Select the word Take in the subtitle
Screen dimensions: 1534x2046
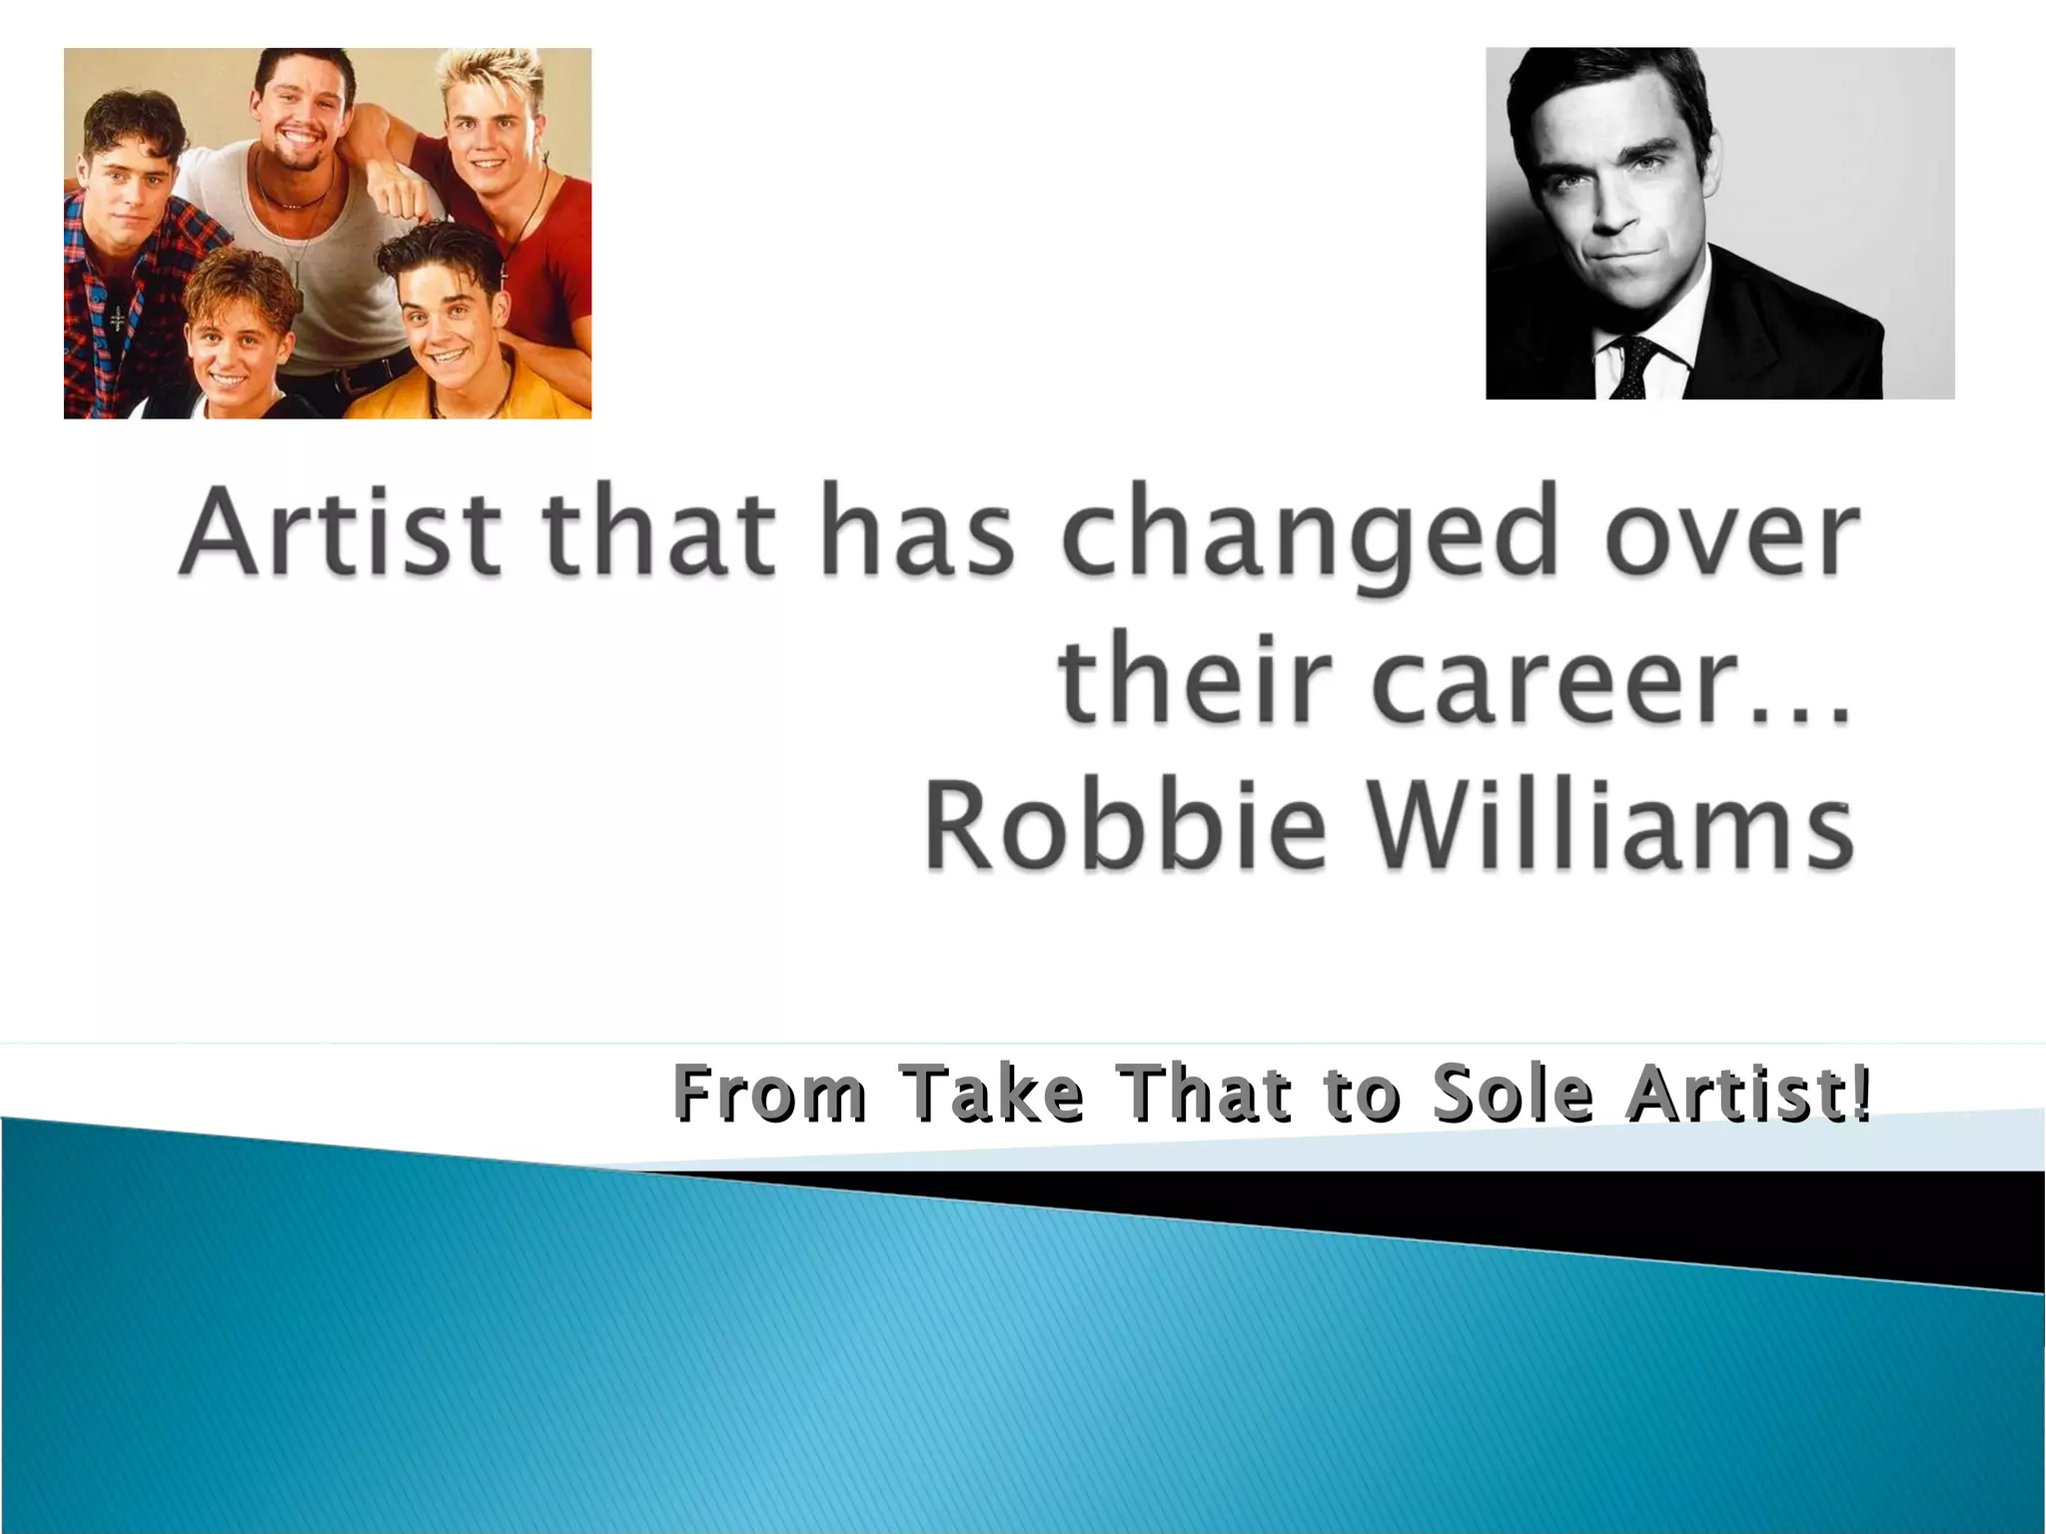pyautogui.click(x=990, y=1095)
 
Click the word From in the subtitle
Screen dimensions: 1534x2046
pyautogui.click(x=769, y=1095)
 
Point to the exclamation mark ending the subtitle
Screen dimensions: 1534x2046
pyautogui.click(x=1859, y=1093)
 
